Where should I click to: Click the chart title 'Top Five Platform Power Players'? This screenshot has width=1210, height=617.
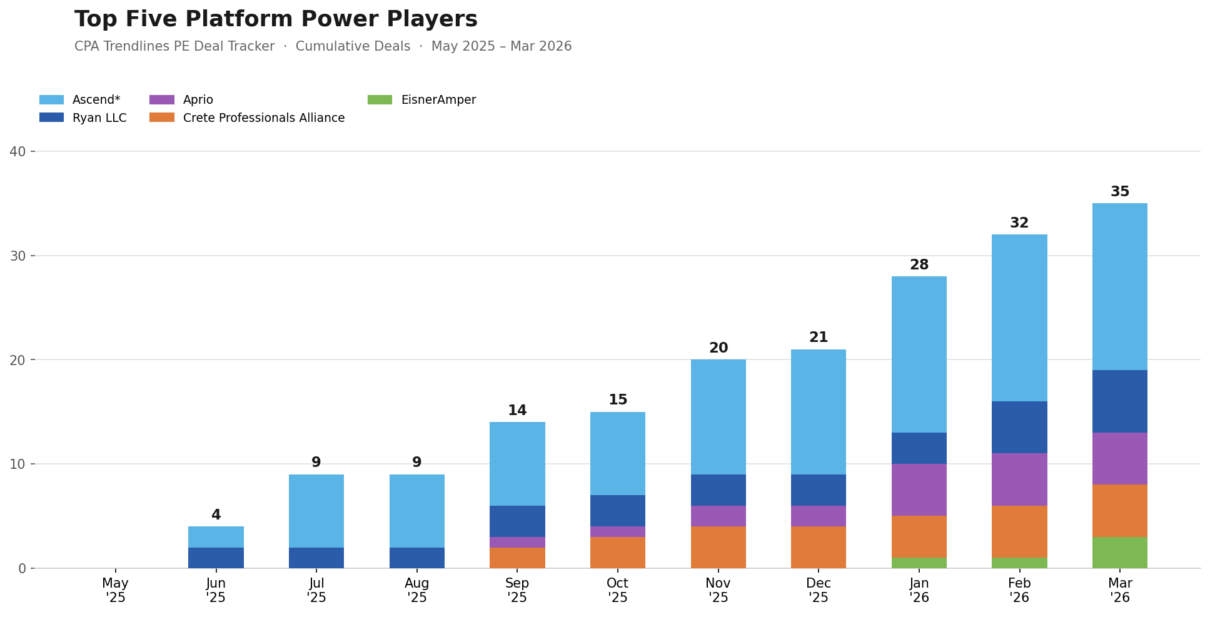click(276, 19)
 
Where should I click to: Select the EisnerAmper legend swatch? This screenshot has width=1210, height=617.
click(380, 100)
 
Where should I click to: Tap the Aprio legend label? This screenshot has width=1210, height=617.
click(198, 100)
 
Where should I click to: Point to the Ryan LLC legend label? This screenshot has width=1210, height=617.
click(99, 118)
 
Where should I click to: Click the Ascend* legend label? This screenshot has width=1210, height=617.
click(96, 100)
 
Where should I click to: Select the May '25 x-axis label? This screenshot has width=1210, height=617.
click(116, 590)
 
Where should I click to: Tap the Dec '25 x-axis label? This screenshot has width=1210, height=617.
click(819, 590)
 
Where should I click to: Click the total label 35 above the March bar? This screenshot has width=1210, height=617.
click(1120, 192)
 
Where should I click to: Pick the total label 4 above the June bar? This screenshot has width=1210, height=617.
click(216, 515)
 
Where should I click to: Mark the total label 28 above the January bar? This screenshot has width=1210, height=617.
click(919, 265)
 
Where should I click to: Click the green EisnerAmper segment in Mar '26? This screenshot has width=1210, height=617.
click(1120, 553)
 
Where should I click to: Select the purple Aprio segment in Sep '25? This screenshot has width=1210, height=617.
click(517, 542)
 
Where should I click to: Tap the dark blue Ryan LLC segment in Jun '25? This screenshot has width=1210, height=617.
click(216, 558)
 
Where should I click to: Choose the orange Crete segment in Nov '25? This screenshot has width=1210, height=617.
click(718, 547)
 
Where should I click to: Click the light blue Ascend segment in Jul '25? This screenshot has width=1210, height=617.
click(316, 511)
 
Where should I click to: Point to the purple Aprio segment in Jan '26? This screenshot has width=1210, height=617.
click(919, 489)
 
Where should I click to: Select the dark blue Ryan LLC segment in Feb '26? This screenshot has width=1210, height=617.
click(1019, 427)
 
